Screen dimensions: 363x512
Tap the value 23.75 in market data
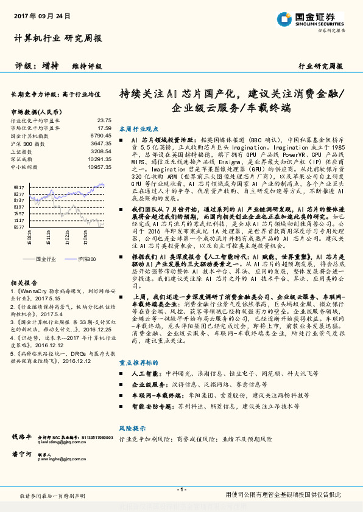104,120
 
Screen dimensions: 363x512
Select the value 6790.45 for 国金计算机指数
100,136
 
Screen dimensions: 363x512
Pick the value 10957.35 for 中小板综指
99,166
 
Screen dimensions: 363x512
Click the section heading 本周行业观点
138,128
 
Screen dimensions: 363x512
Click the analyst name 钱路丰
21,437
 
